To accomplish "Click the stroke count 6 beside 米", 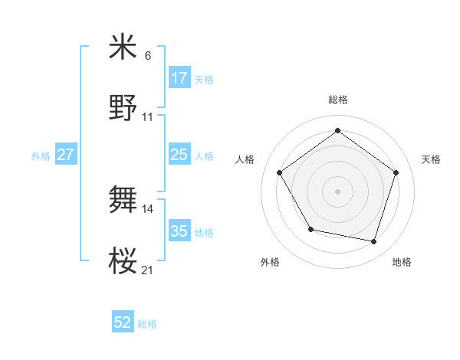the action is pos(147,56).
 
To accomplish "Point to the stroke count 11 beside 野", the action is pos(148,116).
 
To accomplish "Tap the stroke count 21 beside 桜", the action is pos(148,270).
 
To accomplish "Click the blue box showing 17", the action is pos(179,77).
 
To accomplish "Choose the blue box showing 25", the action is pos(179,155).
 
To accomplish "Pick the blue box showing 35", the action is pos(179,231).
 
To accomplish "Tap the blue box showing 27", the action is pos(65,155).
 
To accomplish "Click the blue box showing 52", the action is pos(123,323).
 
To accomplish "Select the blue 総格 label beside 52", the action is pos(147,324).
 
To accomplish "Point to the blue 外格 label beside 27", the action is pos(41,155).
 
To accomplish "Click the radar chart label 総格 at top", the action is pos(338,100).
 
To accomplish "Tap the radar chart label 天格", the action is pos(431,159).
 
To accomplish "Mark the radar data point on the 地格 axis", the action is pos(374,242).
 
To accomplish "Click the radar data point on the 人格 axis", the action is pos(280,172).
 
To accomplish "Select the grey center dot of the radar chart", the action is pos(338,191).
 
